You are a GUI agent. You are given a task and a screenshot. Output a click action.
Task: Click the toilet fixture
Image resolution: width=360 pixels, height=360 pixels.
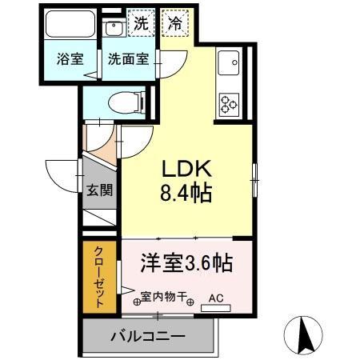point(125,103)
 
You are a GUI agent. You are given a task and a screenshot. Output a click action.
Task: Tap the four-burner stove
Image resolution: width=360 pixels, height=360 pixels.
point(229,102)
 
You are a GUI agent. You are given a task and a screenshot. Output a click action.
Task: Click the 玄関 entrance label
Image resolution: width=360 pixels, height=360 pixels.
point(99,190)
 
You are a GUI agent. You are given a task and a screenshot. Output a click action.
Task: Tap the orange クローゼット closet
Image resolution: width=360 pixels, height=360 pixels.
point(99,276)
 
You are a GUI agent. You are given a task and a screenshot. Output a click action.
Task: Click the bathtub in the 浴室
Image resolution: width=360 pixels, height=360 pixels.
point(70,25)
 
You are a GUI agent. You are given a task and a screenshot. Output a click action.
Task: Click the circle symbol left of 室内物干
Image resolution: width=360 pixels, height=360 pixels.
point(136,302)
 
